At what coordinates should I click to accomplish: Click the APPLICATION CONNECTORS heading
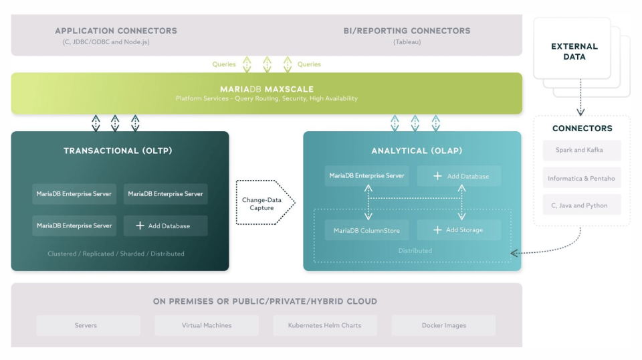[x=116, y=31]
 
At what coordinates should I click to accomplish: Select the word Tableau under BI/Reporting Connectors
[x=407, y=42]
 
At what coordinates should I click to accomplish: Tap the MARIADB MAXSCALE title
[x=266, y=89]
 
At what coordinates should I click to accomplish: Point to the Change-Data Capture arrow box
[x=262, y=203]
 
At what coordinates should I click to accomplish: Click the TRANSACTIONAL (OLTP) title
[x=118, y=151]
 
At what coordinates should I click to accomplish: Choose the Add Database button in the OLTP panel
[x=165, y=226]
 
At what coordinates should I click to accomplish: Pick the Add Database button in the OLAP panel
[x=459, y=176]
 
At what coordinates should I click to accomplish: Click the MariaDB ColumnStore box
[x=366, y=230]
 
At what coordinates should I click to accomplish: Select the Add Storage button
[x=459, y=230]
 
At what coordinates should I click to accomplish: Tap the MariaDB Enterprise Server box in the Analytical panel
[x=366, y=176]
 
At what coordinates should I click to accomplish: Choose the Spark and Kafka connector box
[x=582, y=150]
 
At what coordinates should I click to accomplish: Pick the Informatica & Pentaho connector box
[x=582, y=178]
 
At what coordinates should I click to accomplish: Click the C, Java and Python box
[x=582, y=205]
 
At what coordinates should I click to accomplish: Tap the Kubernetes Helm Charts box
[x=324, y=325]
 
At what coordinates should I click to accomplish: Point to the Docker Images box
[x=443, y=325]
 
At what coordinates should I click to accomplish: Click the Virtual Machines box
[x=207, y=325]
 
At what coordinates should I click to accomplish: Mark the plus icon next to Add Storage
[x=437, y=230]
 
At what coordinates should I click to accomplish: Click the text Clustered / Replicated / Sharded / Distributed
[x=116, y=254]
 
